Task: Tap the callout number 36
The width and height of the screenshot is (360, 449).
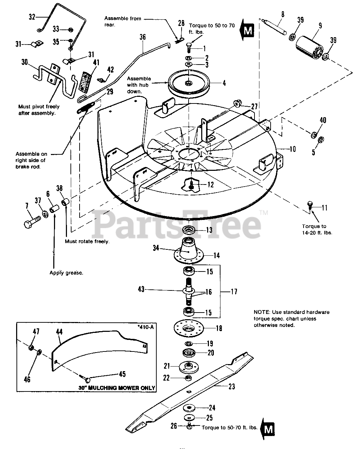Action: (142, 37)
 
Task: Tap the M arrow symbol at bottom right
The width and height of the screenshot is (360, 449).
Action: (267, 428)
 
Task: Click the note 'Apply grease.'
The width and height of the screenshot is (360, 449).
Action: (66, 273)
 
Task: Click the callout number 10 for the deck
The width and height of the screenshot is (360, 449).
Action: (292, 149)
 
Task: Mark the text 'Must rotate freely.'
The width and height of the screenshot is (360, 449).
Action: (87, 241)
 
